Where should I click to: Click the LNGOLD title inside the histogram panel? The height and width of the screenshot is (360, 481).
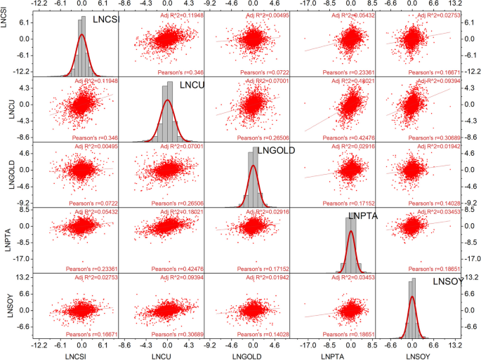(x=276, y=152)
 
